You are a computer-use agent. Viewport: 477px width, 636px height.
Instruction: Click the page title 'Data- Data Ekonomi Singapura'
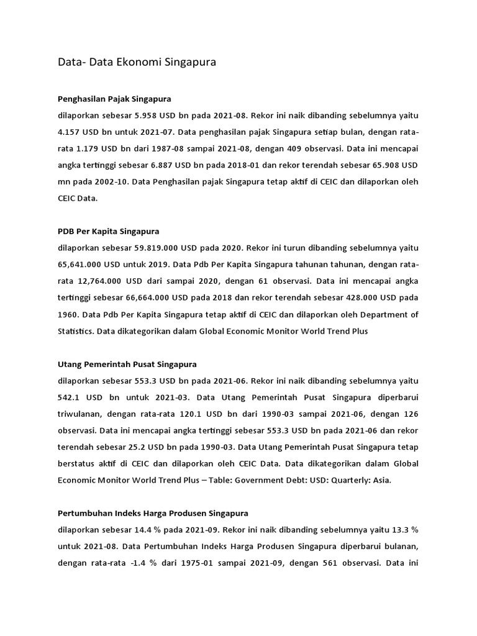coord(137,63)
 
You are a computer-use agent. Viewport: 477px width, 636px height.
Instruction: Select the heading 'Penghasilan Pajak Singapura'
coord(114,99)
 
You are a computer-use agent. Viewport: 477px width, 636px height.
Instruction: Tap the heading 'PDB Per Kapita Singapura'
coord(108,231)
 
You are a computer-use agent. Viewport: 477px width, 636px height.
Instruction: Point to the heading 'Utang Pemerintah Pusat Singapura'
coord(127,364)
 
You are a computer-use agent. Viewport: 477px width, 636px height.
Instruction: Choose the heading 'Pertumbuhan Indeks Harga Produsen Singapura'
coord(153,513)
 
